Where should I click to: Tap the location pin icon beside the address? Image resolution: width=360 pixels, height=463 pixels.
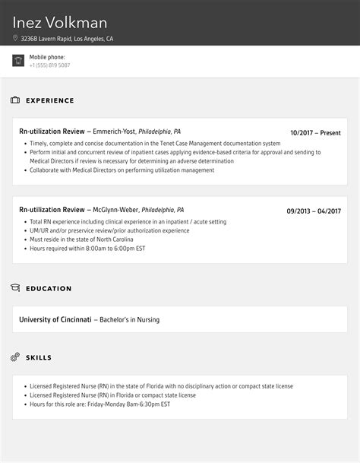15,38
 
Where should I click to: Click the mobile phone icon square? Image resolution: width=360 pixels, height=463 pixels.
18,61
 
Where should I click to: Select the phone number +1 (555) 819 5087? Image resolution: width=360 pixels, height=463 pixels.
50,65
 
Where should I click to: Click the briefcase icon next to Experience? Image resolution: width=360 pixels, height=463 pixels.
15,100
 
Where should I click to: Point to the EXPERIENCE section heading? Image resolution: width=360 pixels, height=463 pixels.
50,100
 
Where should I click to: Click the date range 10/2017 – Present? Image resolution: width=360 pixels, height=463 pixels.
315,132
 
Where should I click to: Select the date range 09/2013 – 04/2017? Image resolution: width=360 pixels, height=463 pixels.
314,211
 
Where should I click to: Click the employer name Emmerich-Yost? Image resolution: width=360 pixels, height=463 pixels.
115,132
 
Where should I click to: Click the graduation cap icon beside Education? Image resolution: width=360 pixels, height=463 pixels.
15,288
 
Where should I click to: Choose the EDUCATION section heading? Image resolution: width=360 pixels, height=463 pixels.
49,289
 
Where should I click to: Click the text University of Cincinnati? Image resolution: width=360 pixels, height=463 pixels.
55,319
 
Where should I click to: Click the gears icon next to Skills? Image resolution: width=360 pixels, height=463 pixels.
15,357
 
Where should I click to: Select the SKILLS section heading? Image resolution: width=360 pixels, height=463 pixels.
39,357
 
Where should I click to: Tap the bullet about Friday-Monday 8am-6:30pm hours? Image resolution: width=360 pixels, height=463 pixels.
99,404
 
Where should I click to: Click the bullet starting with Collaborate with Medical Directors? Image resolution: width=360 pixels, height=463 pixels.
122,170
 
